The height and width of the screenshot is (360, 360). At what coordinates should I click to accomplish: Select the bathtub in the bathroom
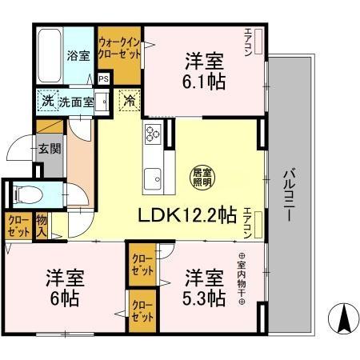tap(47, 51)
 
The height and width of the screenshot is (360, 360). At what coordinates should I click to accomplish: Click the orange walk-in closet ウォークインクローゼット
tap(118, 47)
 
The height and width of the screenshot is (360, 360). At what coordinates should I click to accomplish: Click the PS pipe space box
tap(103, 78)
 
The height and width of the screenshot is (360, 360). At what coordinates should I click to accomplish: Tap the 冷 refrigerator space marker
tap(128, 102)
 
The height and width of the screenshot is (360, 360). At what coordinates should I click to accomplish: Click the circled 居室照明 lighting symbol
tap(201, 177)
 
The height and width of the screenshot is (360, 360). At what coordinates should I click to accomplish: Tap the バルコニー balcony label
tap(289, 195)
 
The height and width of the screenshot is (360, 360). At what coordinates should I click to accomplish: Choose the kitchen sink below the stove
tap(152, 178)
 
